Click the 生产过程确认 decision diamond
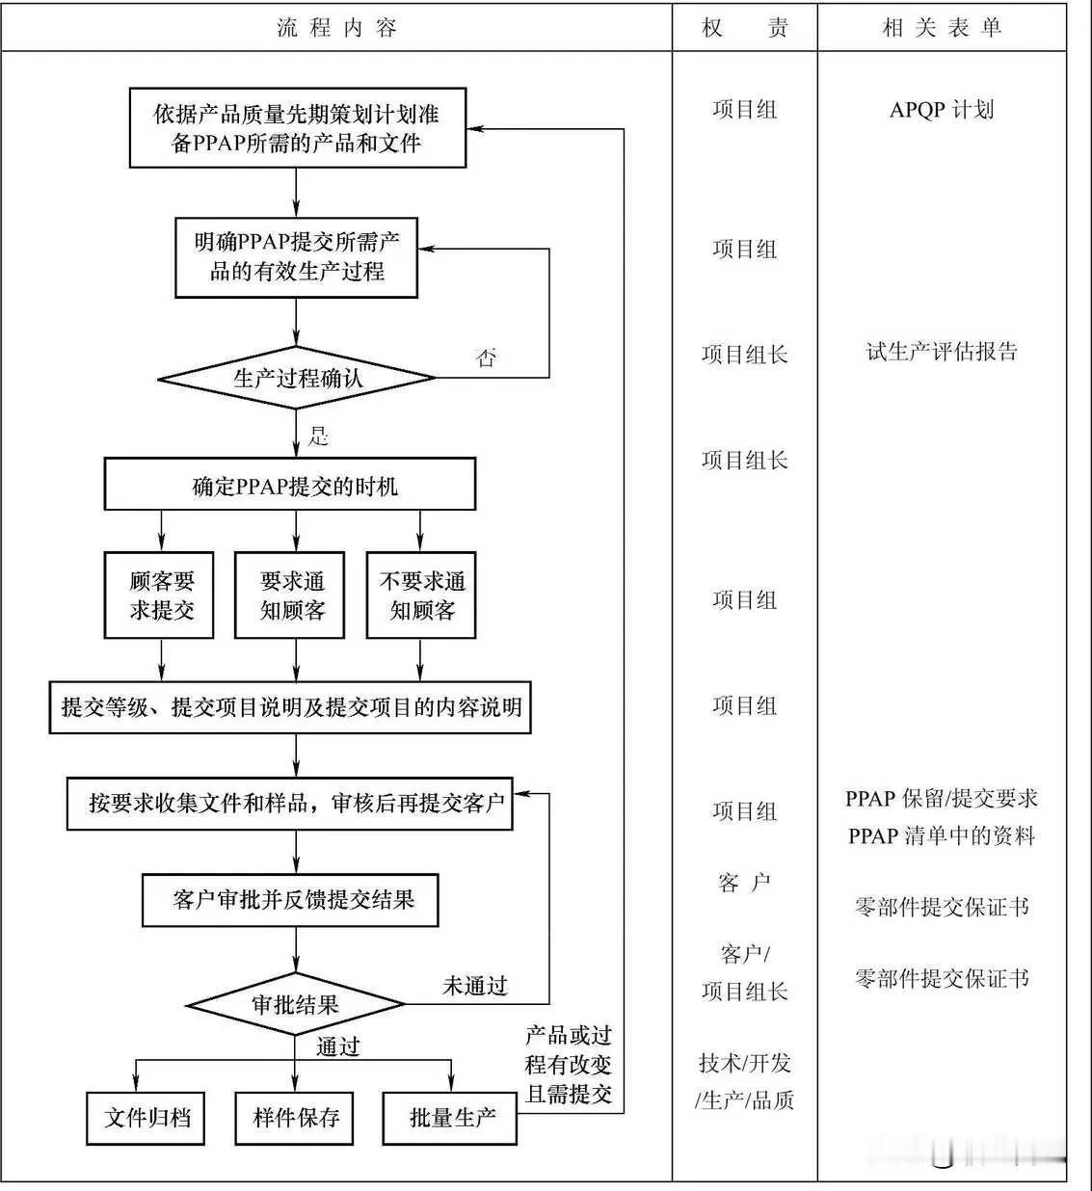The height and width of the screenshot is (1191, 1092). pyautogui.click(x=297, y=379)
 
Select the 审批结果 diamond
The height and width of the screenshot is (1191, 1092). pyautogui.click(x=295, y=1005)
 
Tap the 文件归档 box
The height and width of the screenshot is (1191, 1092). pyautogui.click(x=146, y=1118)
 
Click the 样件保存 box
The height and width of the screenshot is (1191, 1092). pyautogui.click(x=295, y=1118)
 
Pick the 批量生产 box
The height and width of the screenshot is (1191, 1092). pyautogui.click(x=450, y=1118)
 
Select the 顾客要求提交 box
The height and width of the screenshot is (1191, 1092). pyautogui.click(x=159, y=595)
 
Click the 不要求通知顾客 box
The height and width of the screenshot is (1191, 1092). pyautogui.click(x=421, y=595)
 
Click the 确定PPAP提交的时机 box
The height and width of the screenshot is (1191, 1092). pyautogui.click(x=290, y=485)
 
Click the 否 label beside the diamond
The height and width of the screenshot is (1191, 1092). pyautogui.click(x=487, y=358)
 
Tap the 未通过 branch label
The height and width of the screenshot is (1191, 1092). pyautogui.click(x=474, y=986)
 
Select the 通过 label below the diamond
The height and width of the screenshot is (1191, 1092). pyautogui.click(x=337, y=1046)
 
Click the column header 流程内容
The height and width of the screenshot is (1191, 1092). pyautogui.click(x=336, y=28)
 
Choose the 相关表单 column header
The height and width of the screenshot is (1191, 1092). pyautogui.click(x=942, y=28)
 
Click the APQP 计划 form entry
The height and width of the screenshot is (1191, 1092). pyautogui.click(x=941, y=109)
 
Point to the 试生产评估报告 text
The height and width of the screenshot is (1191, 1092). pyautogui.click(x=941, y=352)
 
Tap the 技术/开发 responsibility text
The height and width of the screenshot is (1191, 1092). pyautogui.click(x=744, y=1063)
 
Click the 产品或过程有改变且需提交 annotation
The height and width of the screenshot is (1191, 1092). pyautogui.click(x=569, y=1065)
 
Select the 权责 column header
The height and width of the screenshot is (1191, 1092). pyautogui.click(x=744, y=28)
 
